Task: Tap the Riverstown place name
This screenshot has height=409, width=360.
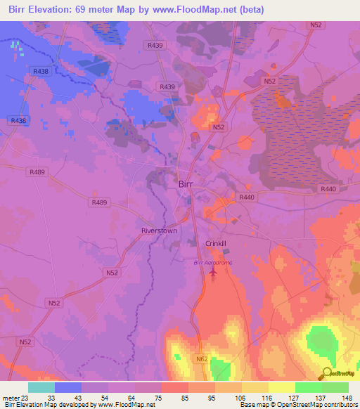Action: (x=160, y=231)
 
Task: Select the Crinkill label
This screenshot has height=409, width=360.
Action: (x=216, y=243)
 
